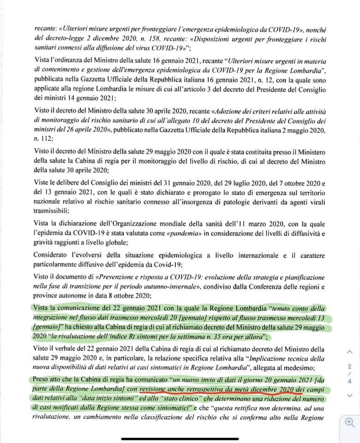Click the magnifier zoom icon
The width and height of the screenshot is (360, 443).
pos(350,423)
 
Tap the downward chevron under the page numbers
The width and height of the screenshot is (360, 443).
pos(349,395)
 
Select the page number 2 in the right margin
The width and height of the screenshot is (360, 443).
pos(350,366)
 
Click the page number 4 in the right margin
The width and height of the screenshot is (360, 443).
pos(350,381)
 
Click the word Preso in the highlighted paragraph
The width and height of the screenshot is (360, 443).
pos(44,379)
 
